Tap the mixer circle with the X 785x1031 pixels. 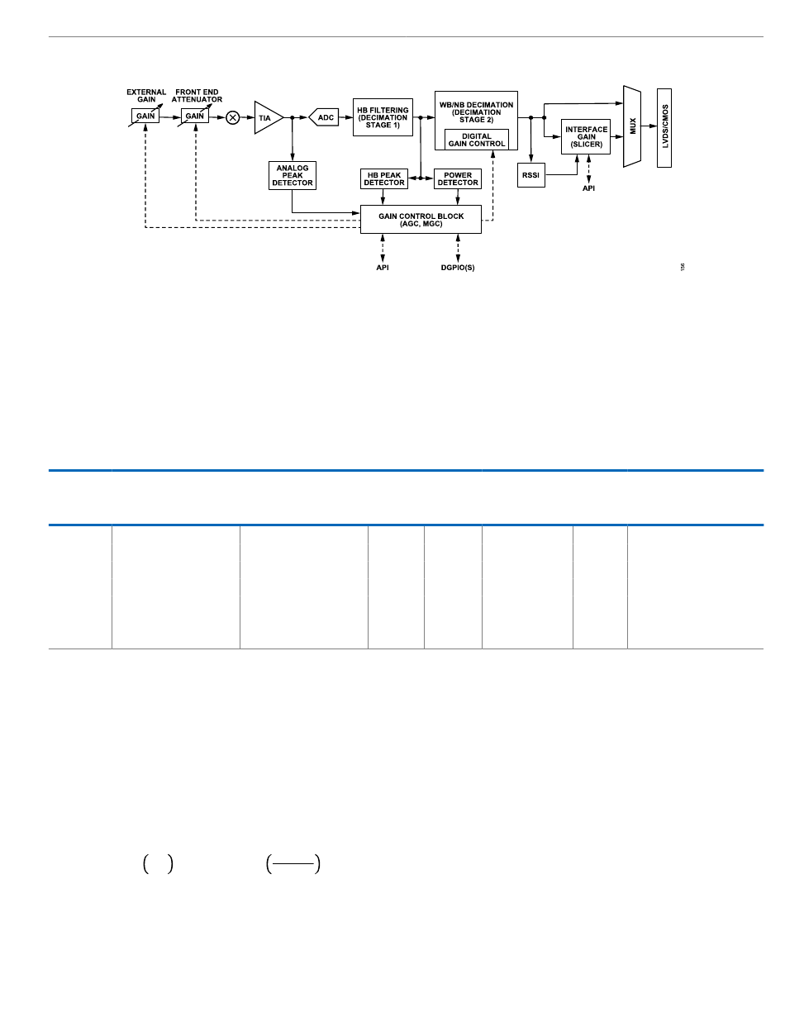[233, 117]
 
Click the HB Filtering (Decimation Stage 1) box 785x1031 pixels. [383, 116]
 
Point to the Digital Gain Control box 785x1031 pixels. [477, 140]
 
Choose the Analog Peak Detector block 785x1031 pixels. [293, 175]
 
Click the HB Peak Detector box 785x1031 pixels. [384, 178]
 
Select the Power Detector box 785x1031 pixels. [458, 178]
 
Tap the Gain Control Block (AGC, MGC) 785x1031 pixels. [421, 219]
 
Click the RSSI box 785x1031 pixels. [531, 175]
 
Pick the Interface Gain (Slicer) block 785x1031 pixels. [587, 136]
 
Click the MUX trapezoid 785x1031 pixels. [632, 126]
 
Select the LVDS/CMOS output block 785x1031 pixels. [664, 127]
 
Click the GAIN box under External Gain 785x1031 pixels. [145, 116]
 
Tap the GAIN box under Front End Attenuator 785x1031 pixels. [194, 116]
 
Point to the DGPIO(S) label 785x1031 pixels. [458, 268]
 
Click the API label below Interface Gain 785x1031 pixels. [588, 188]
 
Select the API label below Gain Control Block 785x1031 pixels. [383, 268]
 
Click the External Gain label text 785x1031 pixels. [146, 95]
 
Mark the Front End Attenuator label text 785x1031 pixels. [198, 95]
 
